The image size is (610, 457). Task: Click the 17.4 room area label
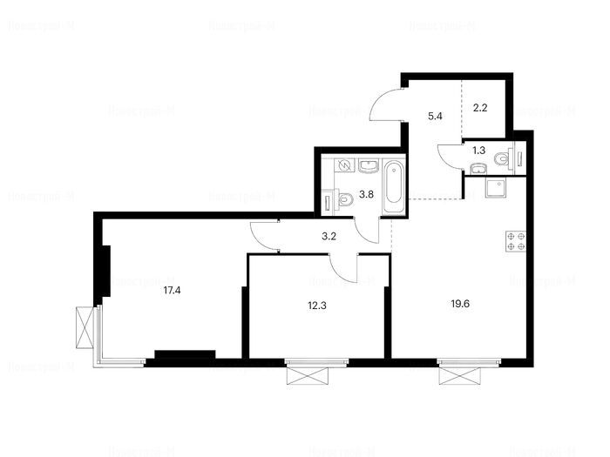(x=172, y=292)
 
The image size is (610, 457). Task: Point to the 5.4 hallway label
(x=435, y=113)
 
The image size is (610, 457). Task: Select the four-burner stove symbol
(x=514, y=241)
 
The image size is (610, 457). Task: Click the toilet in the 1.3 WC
(x=504, y=159)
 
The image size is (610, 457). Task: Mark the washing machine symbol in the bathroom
(x=342, y=165)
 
